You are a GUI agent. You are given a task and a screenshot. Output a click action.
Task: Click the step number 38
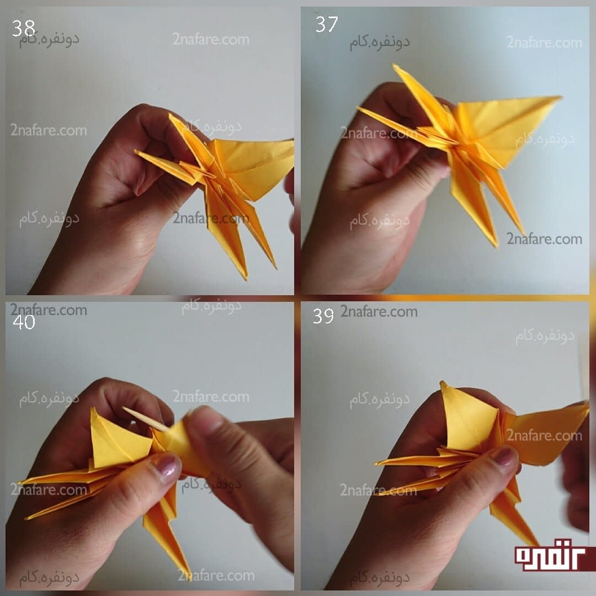23,28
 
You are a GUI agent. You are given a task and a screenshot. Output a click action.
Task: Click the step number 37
327,24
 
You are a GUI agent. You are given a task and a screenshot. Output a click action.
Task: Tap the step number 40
24,322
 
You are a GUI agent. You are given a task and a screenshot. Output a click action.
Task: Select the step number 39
323,316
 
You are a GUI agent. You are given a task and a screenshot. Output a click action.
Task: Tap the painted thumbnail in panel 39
504,456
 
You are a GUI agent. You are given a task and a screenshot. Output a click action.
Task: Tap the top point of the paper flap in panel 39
442,382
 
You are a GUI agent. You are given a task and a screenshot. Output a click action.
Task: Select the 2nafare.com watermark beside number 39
379,312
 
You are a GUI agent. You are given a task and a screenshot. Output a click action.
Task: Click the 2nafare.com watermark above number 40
49,310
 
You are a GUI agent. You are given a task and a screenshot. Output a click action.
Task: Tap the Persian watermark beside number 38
50,40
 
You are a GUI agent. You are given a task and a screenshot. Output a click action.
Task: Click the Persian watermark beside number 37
380,42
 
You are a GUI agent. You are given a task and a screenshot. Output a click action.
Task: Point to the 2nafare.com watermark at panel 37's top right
544,42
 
